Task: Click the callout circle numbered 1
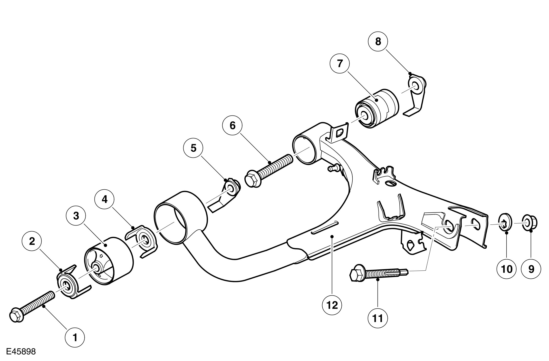pyautogui.click(x=75, y=338)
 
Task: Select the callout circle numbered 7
pyautogui.click(x=340, y=63)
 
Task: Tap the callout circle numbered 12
pyautogui.click(x=332, y=305)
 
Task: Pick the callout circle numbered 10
pyautogui.click(x=506, y=269)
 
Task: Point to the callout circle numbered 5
pyautogui.click(x=193, y=148)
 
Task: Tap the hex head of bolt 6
pyautogui.click(x=252, y=180)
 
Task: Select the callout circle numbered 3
pyautogui.click(x=76, y=216)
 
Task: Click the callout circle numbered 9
pyautogui.click(x=531, y=269)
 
